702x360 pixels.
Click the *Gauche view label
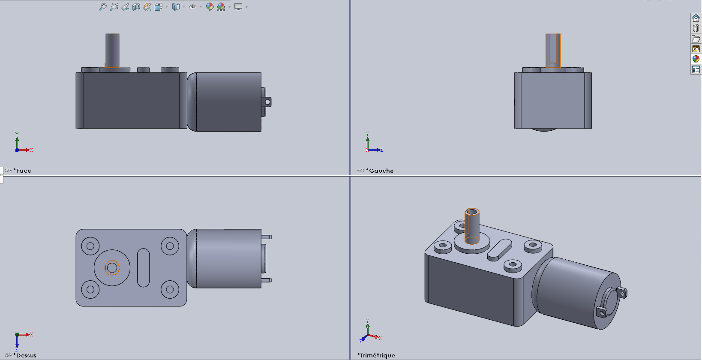(x=381, y=171)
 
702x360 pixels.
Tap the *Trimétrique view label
(x=377, y=355)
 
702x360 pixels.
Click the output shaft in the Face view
(x=112, y=51)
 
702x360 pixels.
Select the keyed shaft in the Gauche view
(x=553, y=51)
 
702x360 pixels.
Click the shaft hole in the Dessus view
(x=112, y=268)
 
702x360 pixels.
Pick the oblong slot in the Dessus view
(x=143, y=268)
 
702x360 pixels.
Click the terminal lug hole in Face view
(x=268, y=102)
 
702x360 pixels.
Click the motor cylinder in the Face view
(x=227, y=102)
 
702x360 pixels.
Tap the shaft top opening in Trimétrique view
(x=472, y=212)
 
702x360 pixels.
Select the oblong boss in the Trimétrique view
(x=499, y=249)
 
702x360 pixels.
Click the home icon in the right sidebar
(x=696, y=18)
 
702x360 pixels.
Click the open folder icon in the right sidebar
(x=696, y=39)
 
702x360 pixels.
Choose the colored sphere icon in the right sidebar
(x=696, y=59)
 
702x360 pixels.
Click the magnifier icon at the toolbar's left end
(x=102, y=7)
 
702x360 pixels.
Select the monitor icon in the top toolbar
(x=238, y=7)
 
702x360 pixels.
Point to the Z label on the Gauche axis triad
(x=381, y=150)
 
